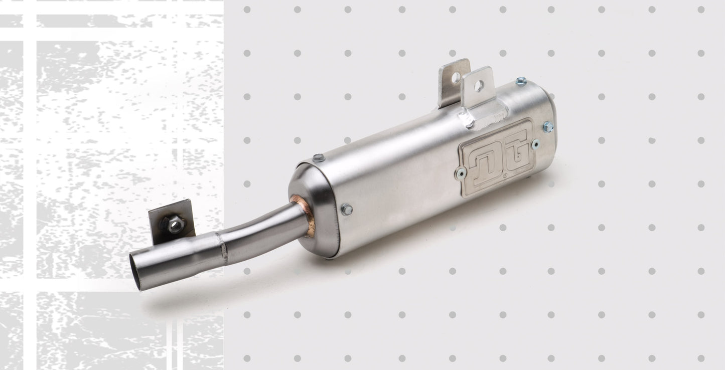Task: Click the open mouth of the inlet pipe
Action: click(135, 272)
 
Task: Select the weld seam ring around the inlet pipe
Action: click(223, 248)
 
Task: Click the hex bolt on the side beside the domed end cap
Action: click(347, 210)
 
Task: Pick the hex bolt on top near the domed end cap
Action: click(319, 157)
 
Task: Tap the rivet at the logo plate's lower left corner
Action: click(461, 173)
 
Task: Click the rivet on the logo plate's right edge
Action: click(535, 144)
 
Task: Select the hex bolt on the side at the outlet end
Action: click(548, 127)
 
